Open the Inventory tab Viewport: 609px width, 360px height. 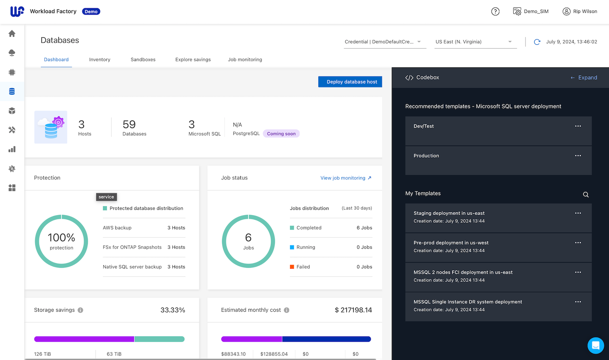(x=99, y=59)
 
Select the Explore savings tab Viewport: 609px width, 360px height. (x=193, y=59)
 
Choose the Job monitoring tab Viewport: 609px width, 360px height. (x=245, y=59)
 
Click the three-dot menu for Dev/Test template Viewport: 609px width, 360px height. (x=578, y=126)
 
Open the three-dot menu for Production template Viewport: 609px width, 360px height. (x=578, y=156)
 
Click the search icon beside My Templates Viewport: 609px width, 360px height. (x=585, y=195)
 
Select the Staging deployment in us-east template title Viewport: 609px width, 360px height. (x=449, y=213)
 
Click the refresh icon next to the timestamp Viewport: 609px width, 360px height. (x=537, y=42)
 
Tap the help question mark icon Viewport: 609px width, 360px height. (x=495, y=11)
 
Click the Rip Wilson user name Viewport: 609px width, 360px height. (x=585, y=11)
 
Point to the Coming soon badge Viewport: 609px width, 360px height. (x=281, y=134)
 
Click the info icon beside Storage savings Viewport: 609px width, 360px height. (x=80, y=310)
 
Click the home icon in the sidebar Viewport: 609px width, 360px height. (x=12, y=34)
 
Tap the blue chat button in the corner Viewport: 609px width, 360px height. (x=596, y=345)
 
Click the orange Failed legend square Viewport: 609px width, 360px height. (x=292, y=267)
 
